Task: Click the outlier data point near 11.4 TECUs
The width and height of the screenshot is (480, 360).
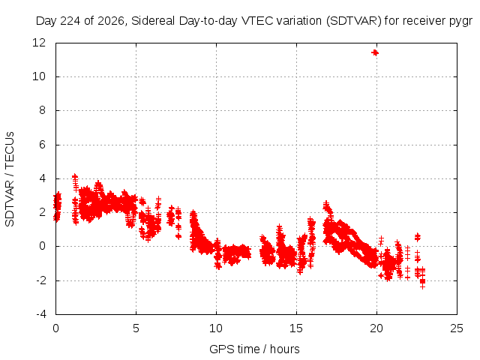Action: [375, 53]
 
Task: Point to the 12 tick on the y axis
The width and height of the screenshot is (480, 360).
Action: [39, 43]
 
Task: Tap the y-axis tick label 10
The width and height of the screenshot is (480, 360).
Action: [39, 76]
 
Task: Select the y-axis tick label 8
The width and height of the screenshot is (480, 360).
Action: [42, 110]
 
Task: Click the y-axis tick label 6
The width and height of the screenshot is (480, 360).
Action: [42, 145]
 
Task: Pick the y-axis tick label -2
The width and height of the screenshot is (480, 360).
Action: [40, 280]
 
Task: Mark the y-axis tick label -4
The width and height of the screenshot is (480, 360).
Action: [40, 314]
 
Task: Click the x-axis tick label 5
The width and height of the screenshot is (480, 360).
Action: [136, 328]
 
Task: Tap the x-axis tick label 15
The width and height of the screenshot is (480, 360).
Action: [296, 328]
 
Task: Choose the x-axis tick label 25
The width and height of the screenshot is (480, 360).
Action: [457, 328]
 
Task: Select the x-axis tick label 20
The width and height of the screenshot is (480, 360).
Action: [376, 328]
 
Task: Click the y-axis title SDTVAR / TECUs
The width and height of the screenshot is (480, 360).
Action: [10, 179]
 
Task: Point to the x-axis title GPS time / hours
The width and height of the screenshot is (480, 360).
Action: [254, 349]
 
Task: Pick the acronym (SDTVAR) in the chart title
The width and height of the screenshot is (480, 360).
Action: [354, 21]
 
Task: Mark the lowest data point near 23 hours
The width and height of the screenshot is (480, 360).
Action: [423, 286]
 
